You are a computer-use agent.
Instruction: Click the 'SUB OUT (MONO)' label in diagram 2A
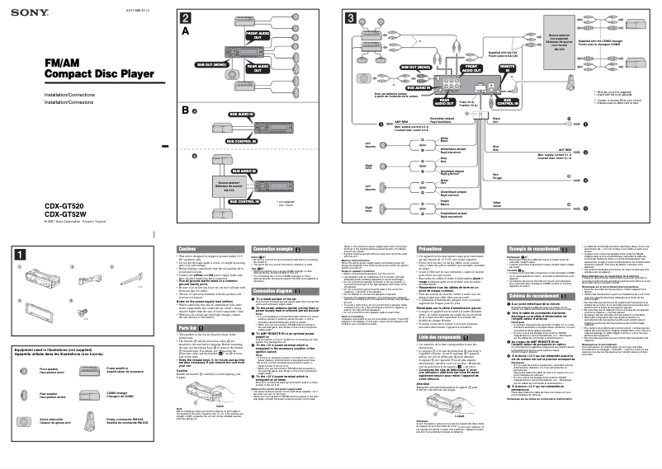(x=213, y=63)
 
